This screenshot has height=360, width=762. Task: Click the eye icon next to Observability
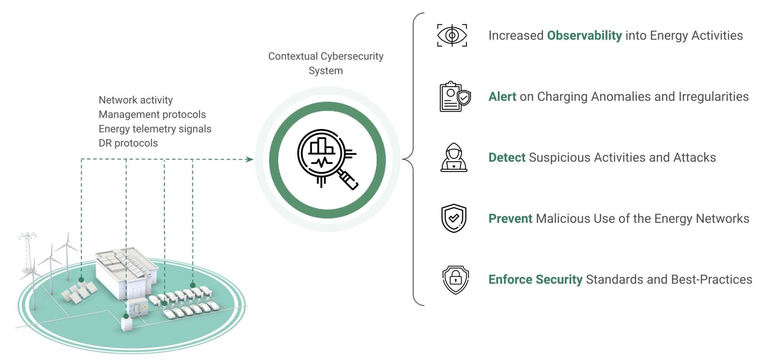[452, 35]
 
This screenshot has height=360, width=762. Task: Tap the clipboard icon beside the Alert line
[454, 97]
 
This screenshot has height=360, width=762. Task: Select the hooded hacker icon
[454, 157]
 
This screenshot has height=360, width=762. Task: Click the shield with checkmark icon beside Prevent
[454, 218]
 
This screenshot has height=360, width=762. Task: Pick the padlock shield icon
[455, 280]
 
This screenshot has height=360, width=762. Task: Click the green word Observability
[584, 36]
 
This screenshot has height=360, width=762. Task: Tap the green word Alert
[502, 97]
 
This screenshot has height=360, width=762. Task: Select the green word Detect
[507, 158]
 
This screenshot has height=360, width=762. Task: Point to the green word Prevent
[510, 219]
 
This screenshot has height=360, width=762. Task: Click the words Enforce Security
[535, 280]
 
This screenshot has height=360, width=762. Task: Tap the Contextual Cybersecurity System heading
[326, 63]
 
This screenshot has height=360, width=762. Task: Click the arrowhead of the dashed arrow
[250, 159]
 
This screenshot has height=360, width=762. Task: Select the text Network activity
[135, 100]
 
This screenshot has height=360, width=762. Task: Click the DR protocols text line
[128, 143]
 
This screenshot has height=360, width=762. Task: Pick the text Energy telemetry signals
[155, 129]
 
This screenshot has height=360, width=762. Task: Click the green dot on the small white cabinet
[126, 316]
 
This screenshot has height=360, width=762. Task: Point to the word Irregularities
[713, 97]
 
